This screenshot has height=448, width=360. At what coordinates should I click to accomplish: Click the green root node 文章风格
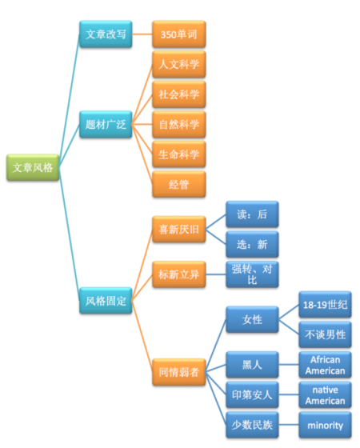click(33, 168)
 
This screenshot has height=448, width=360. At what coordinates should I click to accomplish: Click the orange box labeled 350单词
click(179, 35)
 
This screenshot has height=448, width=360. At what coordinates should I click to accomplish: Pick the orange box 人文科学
click(179, 64)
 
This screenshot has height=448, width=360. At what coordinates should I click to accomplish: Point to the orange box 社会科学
click(179, 94)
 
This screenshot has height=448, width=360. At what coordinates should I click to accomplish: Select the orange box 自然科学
click(179, 124)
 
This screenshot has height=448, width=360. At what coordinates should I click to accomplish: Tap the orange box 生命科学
click(179, 154)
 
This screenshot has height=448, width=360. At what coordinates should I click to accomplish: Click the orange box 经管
click(179, 183)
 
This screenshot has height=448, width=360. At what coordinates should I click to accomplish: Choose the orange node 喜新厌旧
click(179, 230)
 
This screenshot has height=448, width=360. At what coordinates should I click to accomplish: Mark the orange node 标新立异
click(179, 274)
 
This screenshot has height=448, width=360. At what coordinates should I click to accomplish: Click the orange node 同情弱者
click(179, 371)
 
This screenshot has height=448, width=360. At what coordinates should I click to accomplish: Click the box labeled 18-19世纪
click(325, 306)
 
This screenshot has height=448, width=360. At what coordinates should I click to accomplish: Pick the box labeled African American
click(325, 365)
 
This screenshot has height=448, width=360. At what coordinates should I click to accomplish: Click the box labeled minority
click(325, 425)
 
